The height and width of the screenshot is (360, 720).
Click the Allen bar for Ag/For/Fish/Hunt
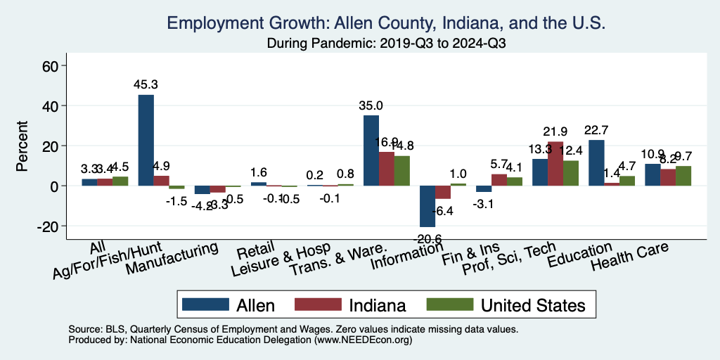click(x=146, y=140)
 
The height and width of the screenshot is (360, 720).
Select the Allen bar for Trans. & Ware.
click(x=371, y=150)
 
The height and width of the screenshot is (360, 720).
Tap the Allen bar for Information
click(x=427, y=206)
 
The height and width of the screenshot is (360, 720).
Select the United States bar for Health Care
click(x=683, y=176)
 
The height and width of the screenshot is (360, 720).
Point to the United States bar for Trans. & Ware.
click(x=401, y=171)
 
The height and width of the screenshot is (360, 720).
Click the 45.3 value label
click(x=146, y=85)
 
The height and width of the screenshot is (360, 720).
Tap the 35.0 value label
click(x=371, y=106)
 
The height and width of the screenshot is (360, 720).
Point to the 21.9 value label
click(x=555, y=132)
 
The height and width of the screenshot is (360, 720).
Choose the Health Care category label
click(x=629, y=257)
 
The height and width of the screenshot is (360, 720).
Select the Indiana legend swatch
click(x=318, y=305)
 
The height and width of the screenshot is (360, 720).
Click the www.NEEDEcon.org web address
click(x=363, y=340)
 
